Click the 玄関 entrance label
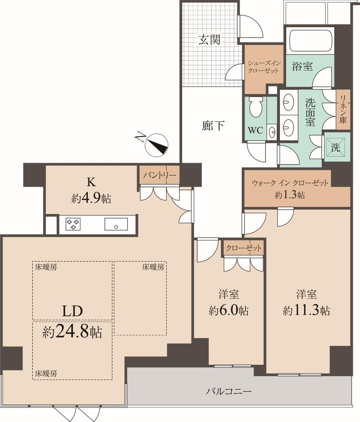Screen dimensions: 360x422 pos(210,39)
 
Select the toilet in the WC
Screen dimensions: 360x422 pos(256,107)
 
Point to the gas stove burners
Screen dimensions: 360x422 pos(73,224)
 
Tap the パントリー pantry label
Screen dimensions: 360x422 pos(159,176)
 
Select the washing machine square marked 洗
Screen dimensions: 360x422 pos(335,147)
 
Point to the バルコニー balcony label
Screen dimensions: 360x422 pos(229,391)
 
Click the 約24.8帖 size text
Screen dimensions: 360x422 pos(72,332)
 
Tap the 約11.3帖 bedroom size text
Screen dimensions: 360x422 pos(306,311)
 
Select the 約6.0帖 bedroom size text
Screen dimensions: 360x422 pos(229,311)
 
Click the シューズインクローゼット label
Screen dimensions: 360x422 pos(264,67)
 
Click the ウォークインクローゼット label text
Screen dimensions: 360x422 pos(290,183)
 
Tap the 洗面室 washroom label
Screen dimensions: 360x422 pos(310,112)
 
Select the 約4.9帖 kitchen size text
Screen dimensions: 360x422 pos(91,199)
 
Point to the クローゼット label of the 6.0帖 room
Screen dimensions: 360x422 pos(243,248)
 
